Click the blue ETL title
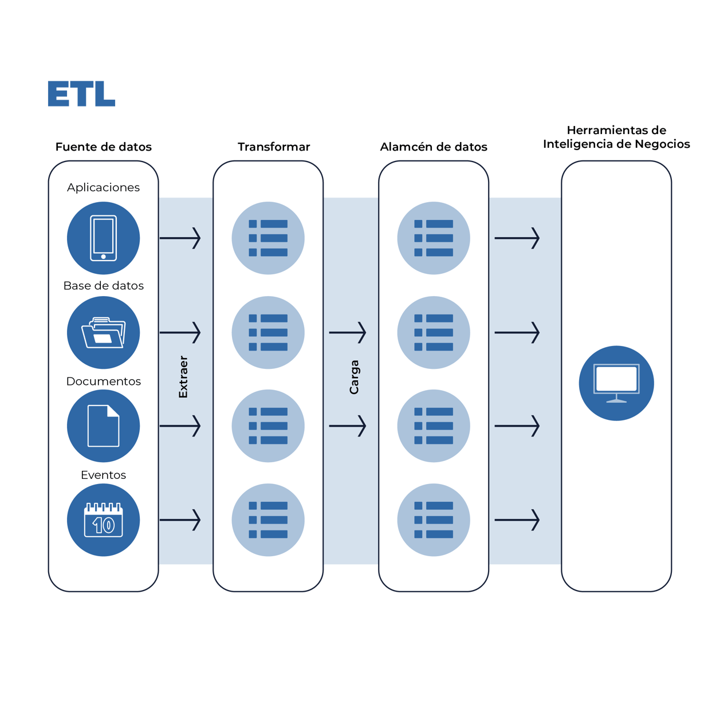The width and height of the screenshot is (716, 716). (81, 95)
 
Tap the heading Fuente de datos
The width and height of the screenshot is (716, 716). (104, 147)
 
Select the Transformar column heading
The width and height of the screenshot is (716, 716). (273, 147)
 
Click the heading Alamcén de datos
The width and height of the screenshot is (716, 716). (434, 147)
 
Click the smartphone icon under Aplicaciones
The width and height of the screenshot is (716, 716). (103, 238)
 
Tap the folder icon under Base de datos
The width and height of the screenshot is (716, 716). (103, 333)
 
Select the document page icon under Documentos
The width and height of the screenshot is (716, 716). (103, 426)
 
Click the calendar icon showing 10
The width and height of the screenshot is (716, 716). (103, 520)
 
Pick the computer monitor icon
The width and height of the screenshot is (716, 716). (616, 383)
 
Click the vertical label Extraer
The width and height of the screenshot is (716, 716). (183, 377)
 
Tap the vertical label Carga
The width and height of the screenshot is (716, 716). (354, 377)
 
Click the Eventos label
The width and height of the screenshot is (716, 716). (103, 475)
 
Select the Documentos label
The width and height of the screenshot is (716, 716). (103, 381)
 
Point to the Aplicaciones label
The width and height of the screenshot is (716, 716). (103, 187)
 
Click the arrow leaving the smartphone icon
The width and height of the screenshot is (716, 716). (180, 238)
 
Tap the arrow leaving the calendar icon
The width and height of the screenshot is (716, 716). (180, 520)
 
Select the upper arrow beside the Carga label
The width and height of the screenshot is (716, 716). (347, 332)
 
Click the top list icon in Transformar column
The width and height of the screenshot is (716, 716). (268, 238)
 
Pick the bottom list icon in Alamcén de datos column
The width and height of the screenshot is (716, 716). (434, 520)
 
